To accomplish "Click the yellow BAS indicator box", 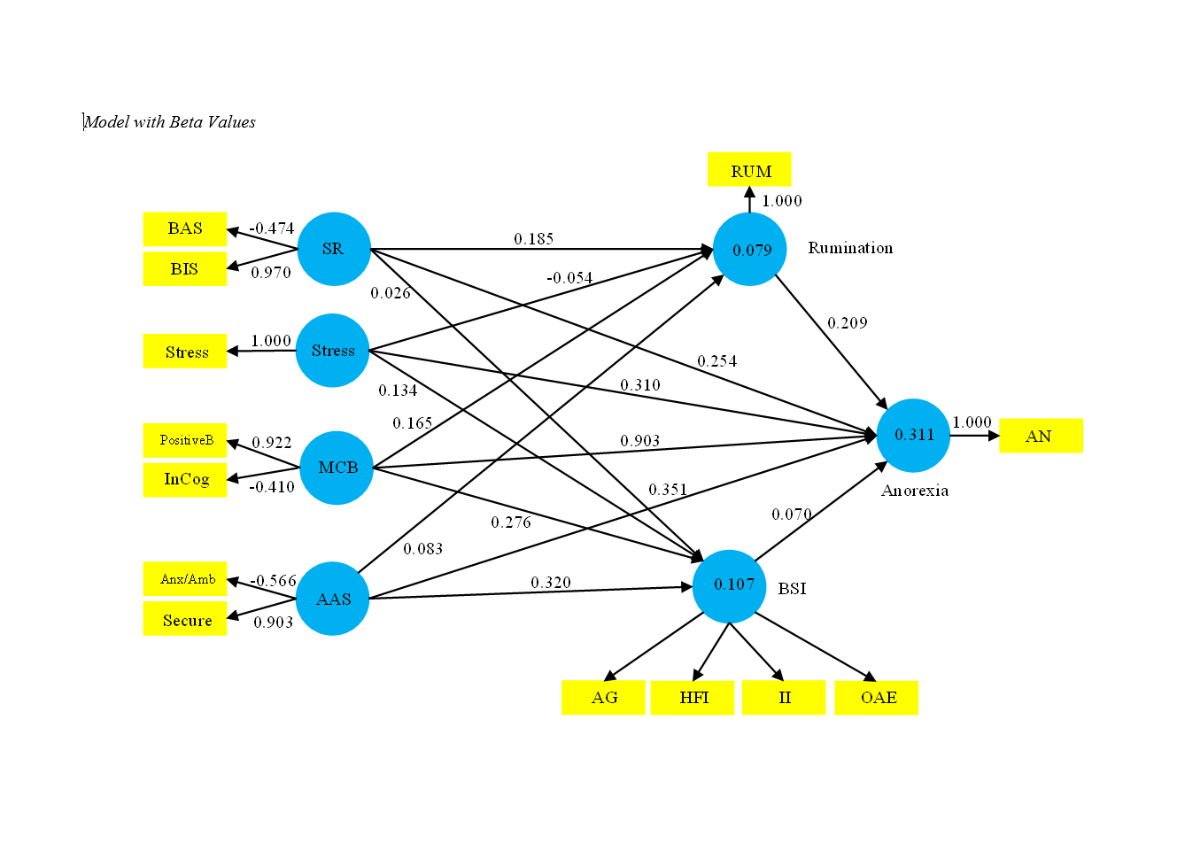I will click(185, 228).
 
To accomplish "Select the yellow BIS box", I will click(185, 269).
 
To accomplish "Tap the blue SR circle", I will click(334, 249).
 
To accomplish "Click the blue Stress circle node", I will click(332, 351).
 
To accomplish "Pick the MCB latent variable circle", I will click(337, 468).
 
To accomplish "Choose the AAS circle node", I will click(333, 599).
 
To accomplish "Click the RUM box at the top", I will click(749, 170).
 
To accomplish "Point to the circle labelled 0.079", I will click(750, 250).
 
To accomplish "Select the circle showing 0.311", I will click(913, 435).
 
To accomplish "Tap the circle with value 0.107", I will click(730, 585).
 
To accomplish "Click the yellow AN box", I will click(1041, 436).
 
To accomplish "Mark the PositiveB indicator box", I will click(185, 440).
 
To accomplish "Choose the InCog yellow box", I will click(185, 480).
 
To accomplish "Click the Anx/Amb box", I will click(185, 579).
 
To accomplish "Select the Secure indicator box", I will click(185, 620).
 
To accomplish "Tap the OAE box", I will click(877, 698).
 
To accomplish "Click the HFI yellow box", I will click(693, 698).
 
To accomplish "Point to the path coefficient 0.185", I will click(534, 239).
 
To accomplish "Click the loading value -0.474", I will click(272, 228).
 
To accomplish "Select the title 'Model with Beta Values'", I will click(170, 122).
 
